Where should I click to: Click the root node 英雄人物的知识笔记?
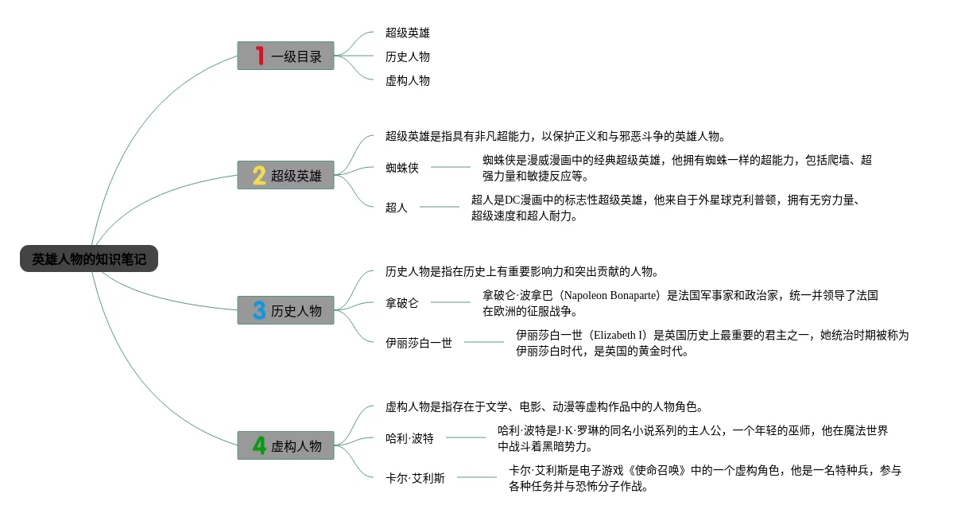tap(89, 259)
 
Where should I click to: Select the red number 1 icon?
tap(259, 56)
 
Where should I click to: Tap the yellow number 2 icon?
tap(259, 175)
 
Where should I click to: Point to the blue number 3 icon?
tap(259, 310)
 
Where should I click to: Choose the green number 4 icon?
tap(259, 445)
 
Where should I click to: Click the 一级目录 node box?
tap(286, 56)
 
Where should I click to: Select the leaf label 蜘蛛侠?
tap(402, 168)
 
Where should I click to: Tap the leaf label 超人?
tap(397, 208)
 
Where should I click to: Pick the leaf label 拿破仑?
tap(402, 303)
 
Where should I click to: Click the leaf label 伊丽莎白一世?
tap(419, 343)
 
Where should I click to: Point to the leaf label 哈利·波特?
tap(410, 438)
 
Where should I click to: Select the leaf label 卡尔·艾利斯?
tap(416, 478)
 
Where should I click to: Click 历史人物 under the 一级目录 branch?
tap(408, 56)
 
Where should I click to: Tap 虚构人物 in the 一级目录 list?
tap(408, 80)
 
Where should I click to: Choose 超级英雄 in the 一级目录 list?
tap(408, 33)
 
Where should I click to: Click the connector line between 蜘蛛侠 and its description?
tap(451, 167)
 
